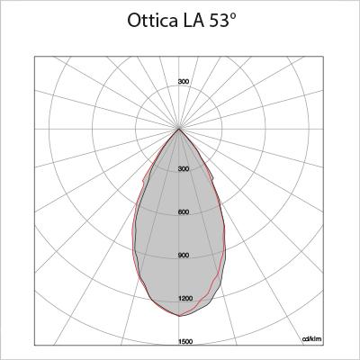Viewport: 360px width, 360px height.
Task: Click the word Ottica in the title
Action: pos(151,21)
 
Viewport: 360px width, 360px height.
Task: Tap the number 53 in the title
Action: pos(219,21)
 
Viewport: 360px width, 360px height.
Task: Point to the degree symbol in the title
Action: pos(232,16)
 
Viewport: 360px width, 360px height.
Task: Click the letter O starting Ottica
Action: pos(134,21)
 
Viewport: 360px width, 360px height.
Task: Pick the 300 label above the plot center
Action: pos(184,81)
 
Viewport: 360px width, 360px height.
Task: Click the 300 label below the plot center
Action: pos(184,169)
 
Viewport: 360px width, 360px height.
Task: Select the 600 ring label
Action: pos(184,212)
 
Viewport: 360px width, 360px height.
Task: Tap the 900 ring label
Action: pos(184,256)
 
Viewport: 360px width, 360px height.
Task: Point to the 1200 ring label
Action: pos(185,299)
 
